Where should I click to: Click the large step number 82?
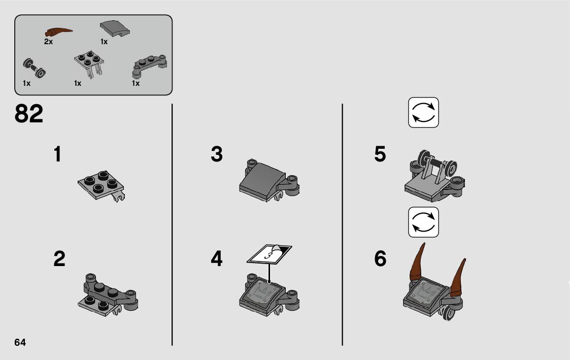[x=29, y=113]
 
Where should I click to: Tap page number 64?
[x=20, y=342]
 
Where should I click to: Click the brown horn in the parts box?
[x=58, y=32]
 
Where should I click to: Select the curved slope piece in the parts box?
[x=115, y=28]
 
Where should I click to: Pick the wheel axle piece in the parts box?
[x=34, y=68]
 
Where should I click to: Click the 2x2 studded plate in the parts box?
[x=89, y=62]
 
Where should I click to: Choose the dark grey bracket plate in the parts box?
[x=149, y=66]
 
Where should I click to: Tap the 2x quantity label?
[x=48, y=42]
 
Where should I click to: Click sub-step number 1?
[x=57, y=154]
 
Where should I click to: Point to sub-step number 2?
[x=59, y=259]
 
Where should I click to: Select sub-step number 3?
[x=217, y=154]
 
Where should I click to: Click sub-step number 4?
[x=217, y=259]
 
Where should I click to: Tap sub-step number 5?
[x=380, y=154]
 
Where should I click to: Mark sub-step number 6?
[x=380, y=259]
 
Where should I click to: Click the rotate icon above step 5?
[x=423, y=112]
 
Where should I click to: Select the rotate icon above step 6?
[x=423, y=222]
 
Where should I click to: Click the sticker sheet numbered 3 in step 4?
[x=270, y=254]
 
